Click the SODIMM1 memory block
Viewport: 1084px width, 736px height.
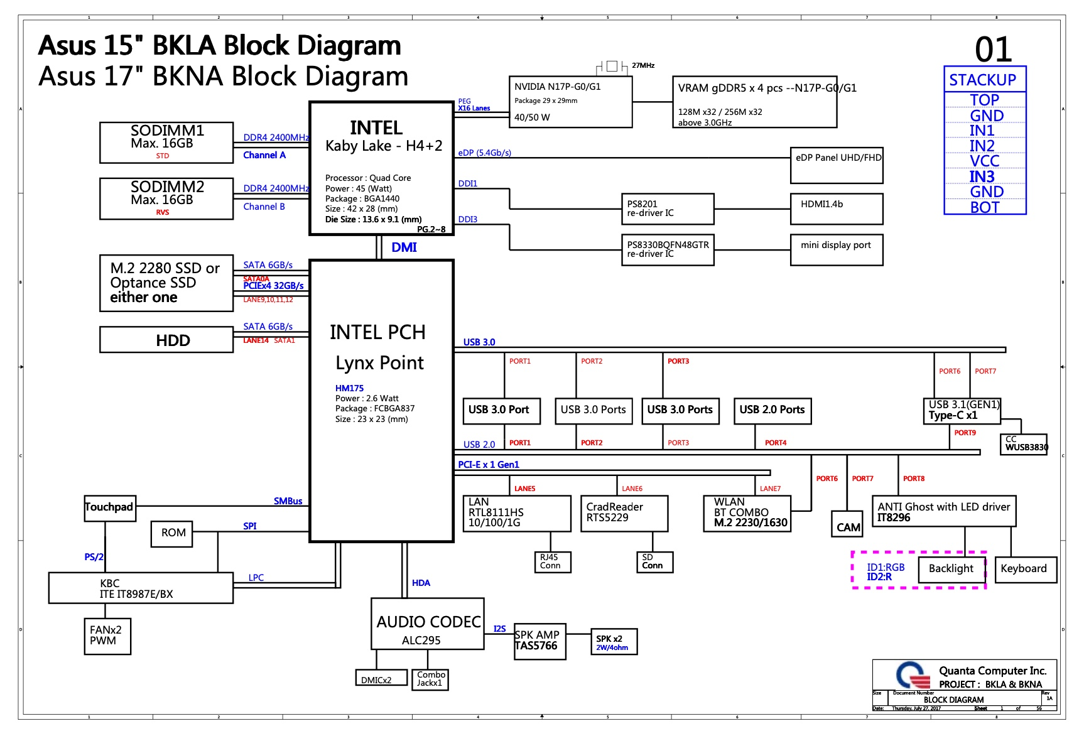166,143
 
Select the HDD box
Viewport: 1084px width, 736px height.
166,340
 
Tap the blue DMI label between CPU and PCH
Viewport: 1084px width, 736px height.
404,247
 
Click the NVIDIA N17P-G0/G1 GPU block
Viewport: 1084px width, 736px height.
569,102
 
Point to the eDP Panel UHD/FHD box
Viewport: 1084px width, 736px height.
837,165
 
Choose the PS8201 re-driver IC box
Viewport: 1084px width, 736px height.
667,209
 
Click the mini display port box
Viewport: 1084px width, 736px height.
837,250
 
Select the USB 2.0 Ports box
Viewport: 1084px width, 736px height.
772,411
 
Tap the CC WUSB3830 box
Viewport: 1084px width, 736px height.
1023,444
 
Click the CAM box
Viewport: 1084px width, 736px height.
847,526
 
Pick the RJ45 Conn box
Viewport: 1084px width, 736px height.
551,562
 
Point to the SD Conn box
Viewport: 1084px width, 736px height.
654,562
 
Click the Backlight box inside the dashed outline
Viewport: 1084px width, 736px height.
951,569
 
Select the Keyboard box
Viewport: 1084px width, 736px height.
1024,569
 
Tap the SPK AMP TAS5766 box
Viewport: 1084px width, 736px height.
539,641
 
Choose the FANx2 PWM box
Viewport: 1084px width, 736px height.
107,636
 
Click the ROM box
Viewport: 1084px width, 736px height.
172,533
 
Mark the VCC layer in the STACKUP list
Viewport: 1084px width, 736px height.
984,161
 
